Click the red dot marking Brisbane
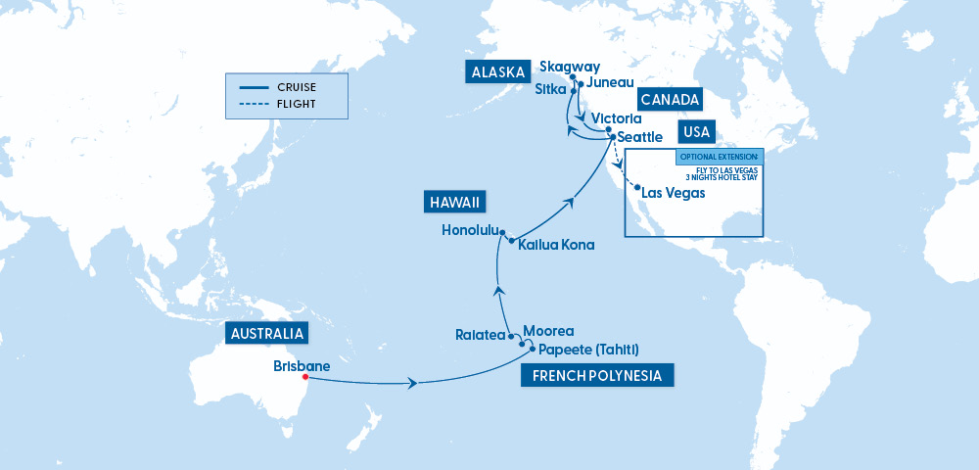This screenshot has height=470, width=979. click(x=305, y=377)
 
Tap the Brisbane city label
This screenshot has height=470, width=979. click(x=302, y=366)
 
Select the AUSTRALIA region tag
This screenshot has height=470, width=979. click(x=266, y=334)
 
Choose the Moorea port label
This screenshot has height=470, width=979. click(x=548, y=331)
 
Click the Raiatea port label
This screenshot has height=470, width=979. click(x=480, y=335)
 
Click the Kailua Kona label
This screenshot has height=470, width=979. click(x=556, y=245)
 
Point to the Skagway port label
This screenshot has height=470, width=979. click(x=570, y=67)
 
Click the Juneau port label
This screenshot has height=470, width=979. click(x=610, y=83)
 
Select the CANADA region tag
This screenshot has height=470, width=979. click(x=670, y=99)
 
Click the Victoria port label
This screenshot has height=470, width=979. click(x=617, y=117)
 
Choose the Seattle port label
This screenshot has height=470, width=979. click(x=640, y=137)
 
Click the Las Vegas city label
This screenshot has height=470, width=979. click(x=673, y=193)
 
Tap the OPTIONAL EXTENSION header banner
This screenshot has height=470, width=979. click(x=718, y=156)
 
